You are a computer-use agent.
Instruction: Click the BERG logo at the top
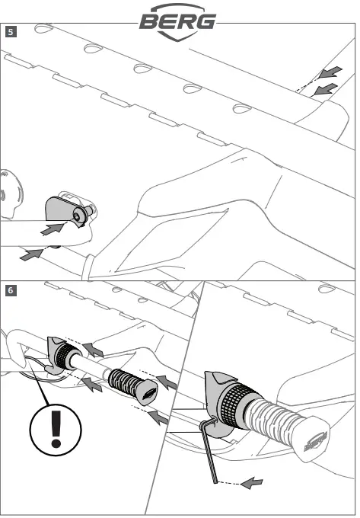(x=178, y=22)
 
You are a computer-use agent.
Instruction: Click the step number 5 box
(x=11, y=32)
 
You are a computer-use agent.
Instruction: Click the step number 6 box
(x=11, y=290)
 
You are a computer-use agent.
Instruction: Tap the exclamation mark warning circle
(x=56, y=430)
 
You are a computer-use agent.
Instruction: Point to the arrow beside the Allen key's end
(x=252, y=483)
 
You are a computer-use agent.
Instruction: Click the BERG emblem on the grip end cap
(x=315, y=441)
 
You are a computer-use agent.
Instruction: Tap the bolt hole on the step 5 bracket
(x=77, y=216)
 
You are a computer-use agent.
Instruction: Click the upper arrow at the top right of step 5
(x=330, y=72)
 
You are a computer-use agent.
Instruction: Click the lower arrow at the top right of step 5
(x=326, y=89)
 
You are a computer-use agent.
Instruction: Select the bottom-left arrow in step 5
(x=31, y=254)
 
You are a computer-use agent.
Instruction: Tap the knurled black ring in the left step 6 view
(x=64, y=357)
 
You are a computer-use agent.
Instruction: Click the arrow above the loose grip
(x=167, y=382)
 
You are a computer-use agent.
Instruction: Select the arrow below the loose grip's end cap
(x=158, y=417)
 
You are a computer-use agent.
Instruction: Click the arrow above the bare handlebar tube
(x=93, y=350)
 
